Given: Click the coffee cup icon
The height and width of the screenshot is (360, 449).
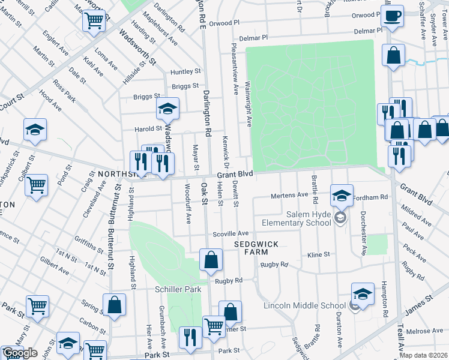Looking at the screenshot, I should pyautogui.click(x=393, y=16).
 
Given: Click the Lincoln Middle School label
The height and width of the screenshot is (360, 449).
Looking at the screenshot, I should pyautogui.click(x=305, y=305).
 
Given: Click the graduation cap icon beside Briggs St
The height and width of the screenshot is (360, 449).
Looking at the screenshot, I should pyautogui.click(x=168, y=109).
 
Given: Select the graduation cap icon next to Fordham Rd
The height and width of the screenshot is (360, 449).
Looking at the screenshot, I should pyautogui.click(x=342, y=194).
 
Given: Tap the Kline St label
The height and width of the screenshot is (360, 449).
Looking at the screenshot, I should pyautogui.click(x=319, y=254).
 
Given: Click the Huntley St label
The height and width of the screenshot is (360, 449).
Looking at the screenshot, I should pyautogui.click(x=185, y=71).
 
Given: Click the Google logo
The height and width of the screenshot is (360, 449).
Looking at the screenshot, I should pyautogui.click(x=20, y=353).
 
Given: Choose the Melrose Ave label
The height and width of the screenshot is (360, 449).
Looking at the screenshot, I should pyautogui.click(x=424, y=331).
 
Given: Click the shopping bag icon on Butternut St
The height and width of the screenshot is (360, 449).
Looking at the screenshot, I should pyautogui.click(x=114, y=304).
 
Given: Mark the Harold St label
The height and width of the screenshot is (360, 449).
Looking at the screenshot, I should pyautogui.click(x=151, y=128).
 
